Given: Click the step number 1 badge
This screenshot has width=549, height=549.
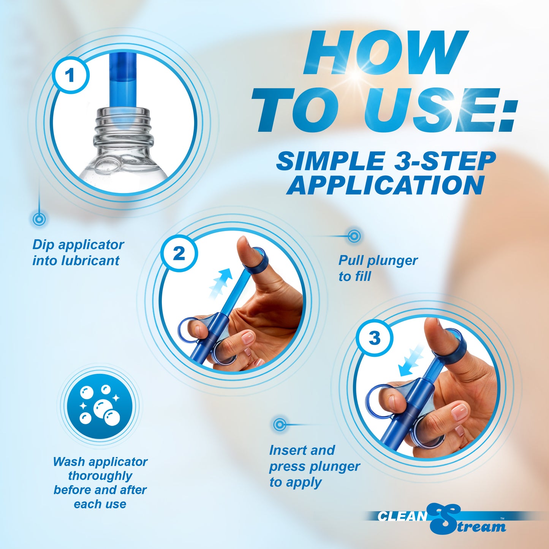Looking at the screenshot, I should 70,75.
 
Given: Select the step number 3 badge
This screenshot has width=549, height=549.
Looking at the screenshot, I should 374,338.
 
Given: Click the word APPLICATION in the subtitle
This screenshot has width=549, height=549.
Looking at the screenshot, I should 385,185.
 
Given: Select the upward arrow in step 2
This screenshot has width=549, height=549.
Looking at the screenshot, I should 221,283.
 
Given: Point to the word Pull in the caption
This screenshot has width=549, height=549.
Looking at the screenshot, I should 351,261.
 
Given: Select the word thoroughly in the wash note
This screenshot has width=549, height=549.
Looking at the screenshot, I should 100,476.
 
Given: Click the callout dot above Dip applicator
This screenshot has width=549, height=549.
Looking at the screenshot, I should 39,219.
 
